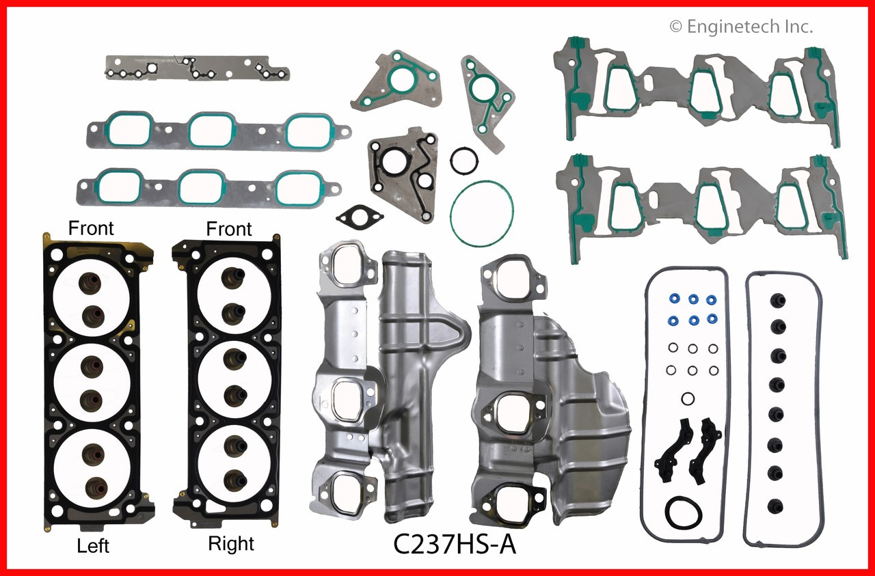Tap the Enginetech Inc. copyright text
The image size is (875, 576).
pos(741,27)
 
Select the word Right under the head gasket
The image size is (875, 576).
pos(231,544)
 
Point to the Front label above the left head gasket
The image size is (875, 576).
pos(91,228)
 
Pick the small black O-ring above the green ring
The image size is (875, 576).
pos(463,161)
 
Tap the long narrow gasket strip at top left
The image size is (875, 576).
pos(197,69)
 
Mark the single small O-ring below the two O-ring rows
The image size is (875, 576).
pos(687,398)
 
